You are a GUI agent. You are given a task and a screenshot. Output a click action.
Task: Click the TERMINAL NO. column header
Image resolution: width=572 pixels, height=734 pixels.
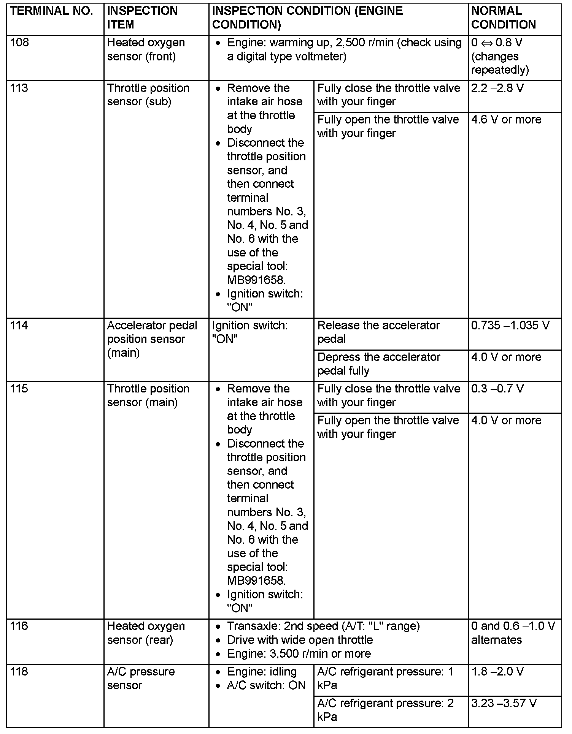click(52, 11)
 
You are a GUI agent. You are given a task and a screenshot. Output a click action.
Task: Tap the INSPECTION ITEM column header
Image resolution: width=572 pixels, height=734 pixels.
click(142, 18)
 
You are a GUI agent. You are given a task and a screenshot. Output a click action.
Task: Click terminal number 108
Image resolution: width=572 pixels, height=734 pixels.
click(19, 43)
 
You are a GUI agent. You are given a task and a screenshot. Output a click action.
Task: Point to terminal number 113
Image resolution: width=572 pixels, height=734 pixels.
click(19, 88)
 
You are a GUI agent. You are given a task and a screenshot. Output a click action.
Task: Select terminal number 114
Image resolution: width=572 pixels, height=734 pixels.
click(19, 326)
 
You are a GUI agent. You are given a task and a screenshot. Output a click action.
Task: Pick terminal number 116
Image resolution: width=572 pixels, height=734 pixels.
click(19, 626)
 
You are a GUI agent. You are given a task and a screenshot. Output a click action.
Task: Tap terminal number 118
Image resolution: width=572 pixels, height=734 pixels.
click(19, 672)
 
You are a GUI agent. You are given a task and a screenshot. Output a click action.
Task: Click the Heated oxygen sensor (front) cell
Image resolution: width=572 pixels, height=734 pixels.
click(146, 49)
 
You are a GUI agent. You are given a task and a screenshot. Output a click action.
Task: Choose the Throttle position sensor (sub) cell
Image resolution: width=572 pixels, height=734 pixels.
click(148, 95)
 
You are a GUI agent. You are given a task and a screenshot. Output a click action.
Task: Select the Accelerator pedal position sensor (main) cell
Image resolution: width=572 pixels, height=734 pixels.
click(152, 339)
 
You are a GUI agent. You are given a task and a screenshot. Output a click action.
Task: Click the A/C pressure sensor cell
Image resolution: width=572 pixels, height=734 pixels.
click(141, 679)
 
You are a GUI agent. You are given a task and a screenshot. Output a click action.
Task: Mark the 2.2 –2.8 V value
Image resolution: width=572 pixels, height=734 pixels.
click(497, 88)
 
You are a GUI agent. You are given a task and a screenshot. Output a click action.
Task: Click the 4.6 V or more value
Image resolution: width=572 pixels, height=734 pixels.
click(506, 120)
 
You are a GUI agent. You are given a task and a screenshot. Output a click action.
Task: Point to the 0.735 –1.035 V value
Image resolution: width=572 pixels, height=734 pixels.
click(510, 326)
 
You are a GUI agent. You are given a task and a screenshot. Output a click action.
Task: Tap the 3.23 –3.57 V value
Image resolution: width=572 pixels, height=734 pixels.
click(504, 703)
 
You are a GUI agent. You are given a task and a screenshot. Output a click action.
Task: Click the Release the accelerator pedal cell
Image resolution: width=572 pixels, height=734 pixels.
click(378, 332)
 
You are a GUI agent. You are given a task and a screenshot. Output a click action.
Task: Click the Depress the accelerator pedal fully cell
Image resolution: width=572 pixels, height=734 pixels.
click(379, 364)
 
